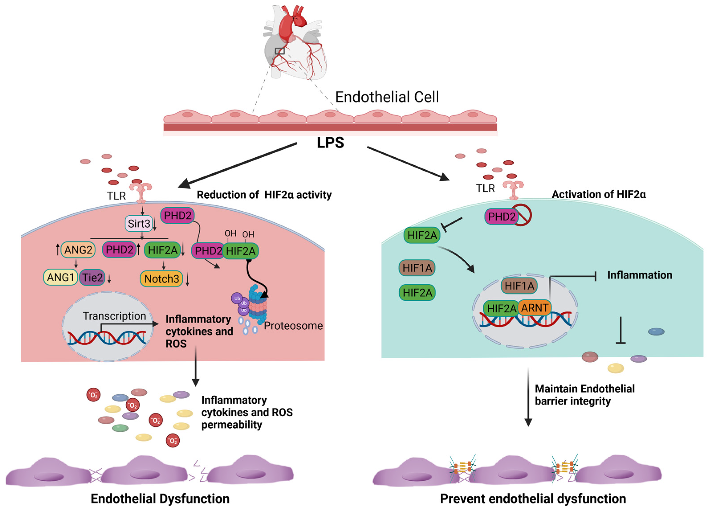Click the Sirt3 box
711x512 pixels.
click(x=139, y=224)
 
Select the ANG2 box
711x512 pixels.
click(x=78, y=250)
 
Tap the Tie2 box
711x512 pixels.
click(x=92, y=277)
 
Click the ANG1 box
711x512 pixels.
click(x=61, y=277)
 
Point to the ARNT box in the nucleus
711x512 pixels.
click(x=535, y=308)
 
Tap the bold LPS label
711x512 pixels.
click(x=330, y=143)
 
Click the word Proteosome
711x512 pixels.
click(x=293, y=326)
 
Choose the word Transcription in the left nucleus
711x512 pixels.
click(x=114, y=316)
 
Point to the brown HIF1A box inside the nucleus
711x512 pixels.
click(x=519, y=286)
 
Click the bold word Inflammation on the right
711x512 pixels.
click(x=640, y=275)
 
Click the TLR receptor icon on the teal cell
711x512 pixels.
click(x=513, y=189)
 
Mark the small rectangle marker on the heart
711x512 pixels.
click(x=280, y=51)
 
